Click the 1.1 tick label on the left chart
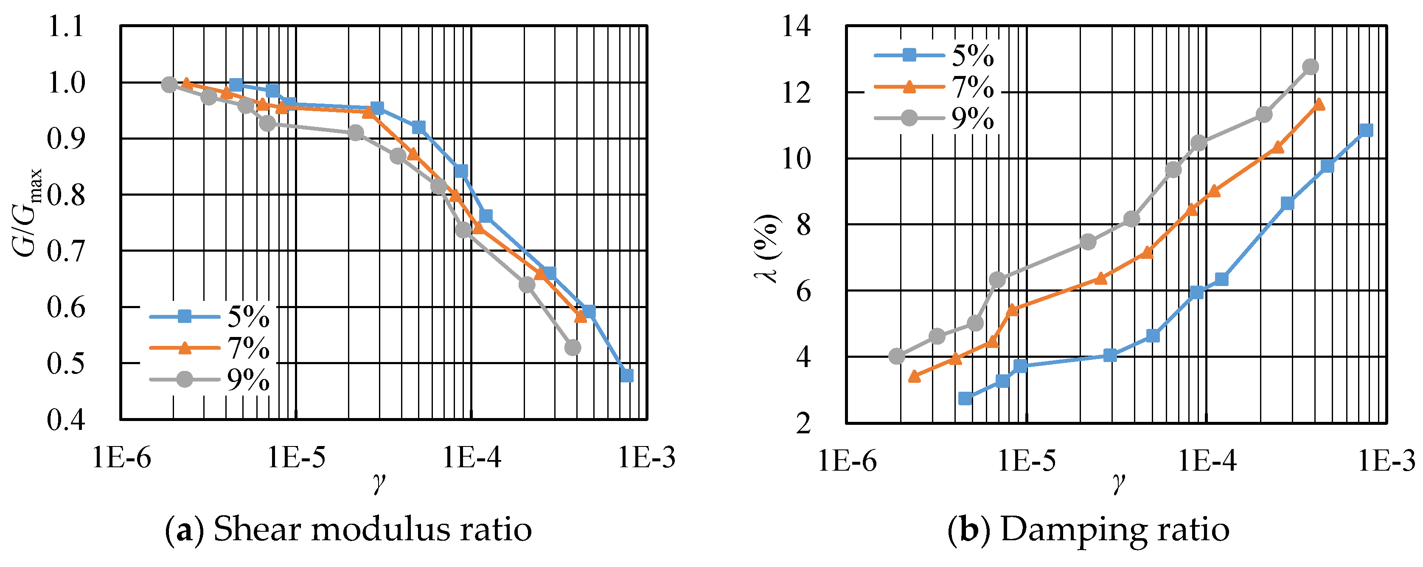click(66, 27)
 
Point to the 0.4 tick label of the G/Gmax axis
click(66, 420)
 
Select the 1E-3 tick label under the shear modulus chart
click(646, 458)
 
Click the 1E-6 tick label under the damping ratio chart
click(847, 460)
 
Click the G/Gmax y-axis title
click(26, 213)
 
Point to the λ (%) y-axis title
click(768, 249)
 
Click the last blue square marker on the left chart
click(626, 375)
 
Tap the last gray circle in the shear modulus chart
click(573, 348)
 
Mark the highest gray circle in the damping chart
click(1310, 67)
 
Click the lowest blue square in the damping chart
click(965, 399)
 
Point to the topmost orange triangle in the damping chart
click(1319, 104)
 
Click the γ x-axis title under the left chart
click(379, 483)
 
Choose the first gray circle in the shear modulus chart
click(170, 84)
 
